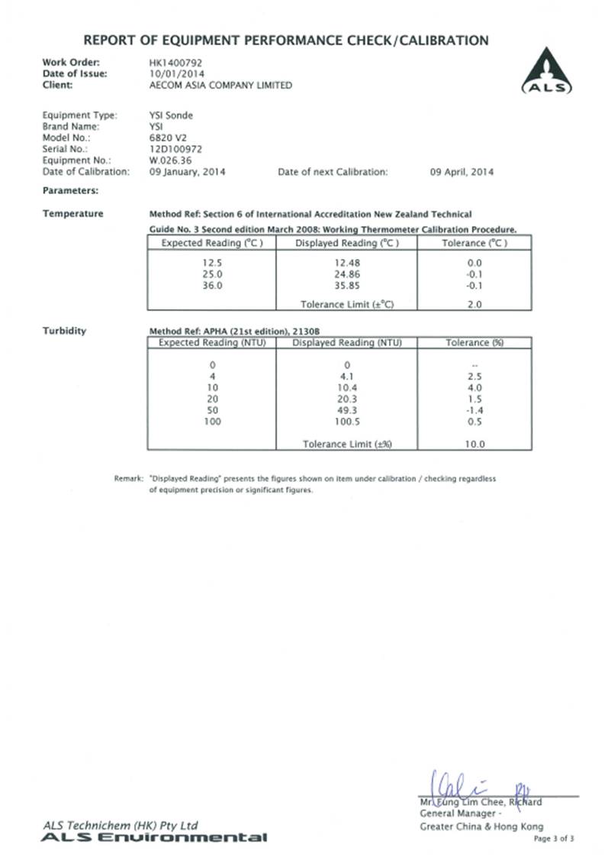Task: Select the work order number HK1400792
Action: coord(176,62)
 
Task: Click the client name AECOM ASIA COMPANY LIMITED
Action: coord(220,86)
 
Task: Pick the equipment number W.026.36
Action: coord(172,160)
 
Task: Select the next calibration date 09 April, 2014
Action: coord(462,172)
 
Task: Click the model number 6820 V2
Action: coord(168,137)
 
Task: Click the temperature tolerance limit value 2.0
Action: coord(474,304)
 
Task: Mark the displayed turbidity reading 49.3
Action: coord(346,409)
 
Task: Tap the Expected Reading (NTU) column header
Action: coord(211,343)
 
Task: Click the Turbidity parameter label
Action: coord(64,331)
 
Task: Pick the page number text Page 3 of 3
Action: coord(553,838)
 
